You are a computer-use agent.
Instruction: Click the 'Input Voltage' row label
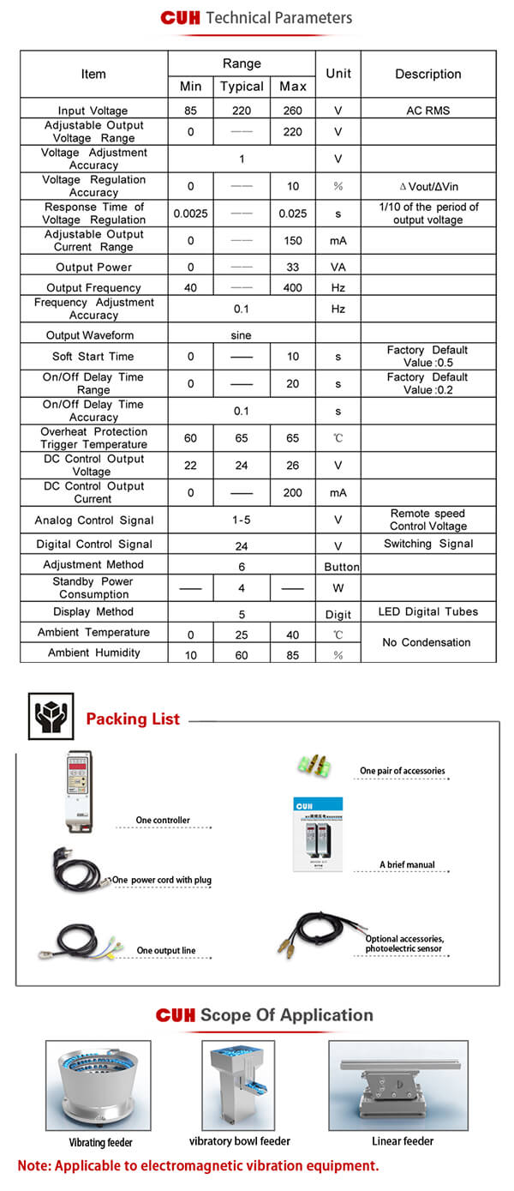point(93,111)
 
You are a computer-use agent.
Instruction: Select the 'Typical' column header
point(242,87)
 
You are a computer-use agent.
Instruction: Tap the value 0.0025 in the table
point(190,214)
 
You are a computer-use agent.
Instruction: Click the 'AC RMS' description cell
point(427,111)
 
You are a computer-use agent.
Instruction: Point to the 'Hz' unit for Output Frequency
point(338,288)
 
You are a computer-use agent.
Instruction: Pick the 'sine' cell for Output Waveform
point(242,335)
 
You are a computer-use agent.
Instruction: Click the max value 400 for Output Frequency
point(292,288)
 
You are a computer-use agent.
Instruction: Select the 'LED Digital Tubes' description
point(427,612)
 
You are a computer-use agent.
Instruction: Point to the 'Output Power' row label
point(93,268)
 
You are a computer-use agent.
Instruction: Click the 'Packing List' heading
point(133,719)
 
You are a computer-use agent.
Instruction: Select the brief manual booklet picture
point(318,835)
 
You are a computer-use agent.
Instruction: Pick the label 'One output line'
point(166,951)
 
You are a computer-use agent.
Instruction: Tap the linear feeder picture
point(397,1085)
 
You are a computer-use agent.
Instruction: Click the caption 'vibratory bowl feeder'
point(240,1141)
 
